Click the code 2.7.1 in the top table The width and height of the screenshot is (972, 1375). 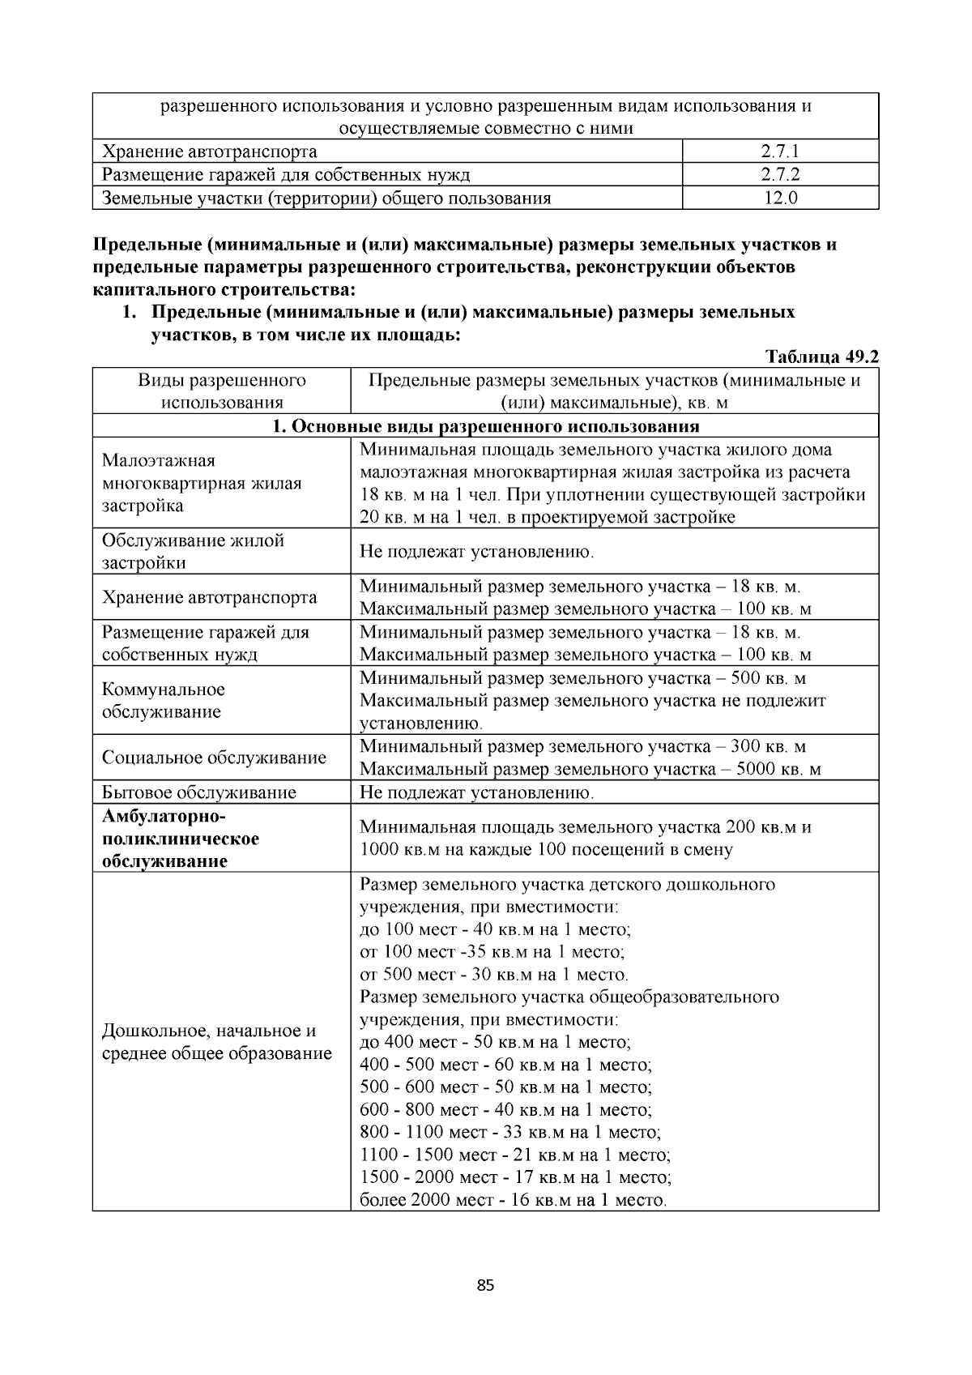coord(780,152)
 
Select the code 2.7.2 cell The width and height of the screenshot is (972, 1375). coord(780,174)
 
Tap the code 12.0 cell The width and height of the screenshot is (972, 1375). coord(780,198)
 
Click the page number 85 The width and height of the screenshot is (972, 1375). coord(486,1285)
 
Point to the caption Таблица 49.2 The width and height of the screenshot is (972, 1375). coord(822,357)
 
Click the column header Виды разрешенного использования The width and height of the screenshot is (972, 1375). coord(221,391)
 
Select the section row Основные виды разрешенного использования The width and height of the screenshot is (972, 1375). coord(486,426)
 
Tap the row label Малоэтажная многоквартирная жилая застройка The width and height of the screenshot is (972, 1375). coord(202,483)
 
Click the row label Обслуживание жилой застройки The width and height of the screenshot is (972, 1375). coord(193,552)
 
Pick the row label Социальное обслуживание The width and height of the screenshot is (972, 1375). coord(214,758)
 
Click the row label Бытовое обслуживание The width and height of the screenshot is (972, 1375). coord(199,792)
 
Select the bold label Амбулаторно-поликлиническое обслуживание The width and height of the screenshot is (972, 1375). coord(180,839)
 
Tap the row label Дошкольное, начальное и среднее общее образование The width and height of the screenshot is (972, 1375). coord(216,1042)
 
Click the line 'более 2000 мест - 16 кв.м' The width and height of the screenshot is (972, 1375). coord(514,1200)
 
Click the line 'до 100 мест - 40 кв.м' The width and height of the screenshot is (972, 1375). coord(495,929)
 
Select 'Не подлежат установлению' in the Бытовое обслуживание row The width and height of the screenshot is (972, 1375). coord(477,792)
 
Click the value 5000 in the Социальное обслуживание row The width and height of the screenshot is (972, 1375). coord(757,769)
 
